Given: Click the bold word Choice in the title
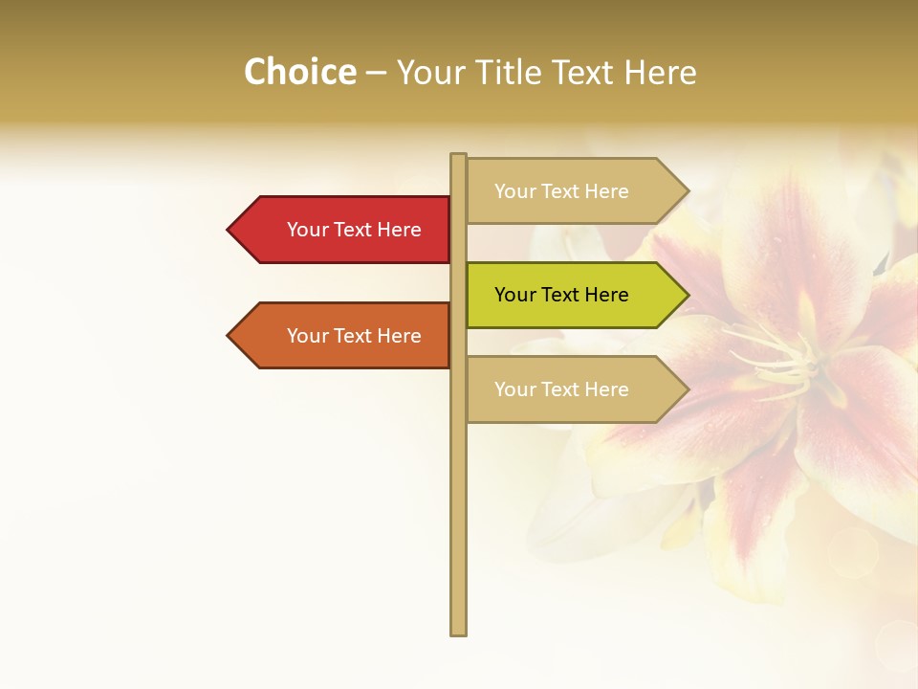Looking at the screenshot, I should pyautogui.click(x=299, y=73).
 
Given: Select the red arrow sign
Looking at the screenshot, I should pyautogui.click(x=344, y=230).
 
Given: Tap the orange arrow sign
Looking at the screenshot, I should pyautogui.click(x=344, y=336).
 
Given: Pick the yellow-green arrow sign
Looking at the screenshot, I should pyautogui.click(x=574, y=295).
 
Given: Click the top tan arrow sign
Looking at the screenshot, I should pyautogui.click(x=574, y=191).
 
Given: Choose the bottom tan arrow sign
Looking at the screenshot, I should pyautogui.click(x=574, y=389).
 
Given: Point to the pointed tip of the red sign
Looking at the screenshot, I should pyautogui.click(x=229, y=230).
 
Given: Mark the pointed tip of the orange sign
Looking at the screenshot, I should pyautogui.click(x=229, y=336).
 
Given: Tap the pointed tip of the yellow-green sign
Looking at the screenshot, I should pyautogui.click(x=687, y=295).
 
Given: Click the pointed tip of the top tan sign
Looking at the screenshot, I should pyautogui.click(x=687, y=191).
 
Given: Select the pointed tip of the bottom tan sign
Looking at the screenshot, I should pyautogui.click(x=687, y=389).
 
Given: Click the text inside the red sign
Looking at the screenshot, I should pyautogui.click(x=354, y=230).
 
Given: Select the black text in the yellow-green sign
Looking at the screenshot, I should pyautogui.click(x=561, y=295).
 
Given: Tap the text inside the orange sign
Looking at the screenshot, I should pyautogui.click(x=354, y=336).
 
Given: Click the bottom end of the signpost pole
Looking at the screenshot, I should pyautogui.click(x=458, y=632).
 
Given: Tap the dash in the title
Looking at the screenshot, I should pyautogui.click(x=376, y=74).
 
